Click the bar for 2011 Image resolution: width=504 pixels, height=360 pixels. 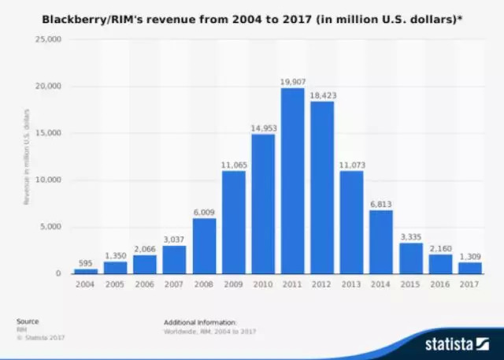click(x=293, y=181)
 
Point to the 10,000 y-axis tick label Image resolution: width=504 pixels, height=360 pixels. click(x=48, y=180)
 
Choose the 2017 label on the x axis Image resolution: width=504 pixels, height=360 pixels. click(x=470, y=284)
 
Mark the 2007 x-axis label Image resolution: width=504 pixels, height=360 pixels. click(x=173, y=284)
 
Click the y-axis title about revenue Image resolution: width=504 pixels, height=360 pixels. click(x=26, y=158)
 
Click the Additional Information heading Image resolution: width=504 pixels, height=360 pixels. click(x=200, y=323)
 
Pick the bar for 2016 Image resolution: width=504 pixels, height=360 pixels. click(x=440, y=264)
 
